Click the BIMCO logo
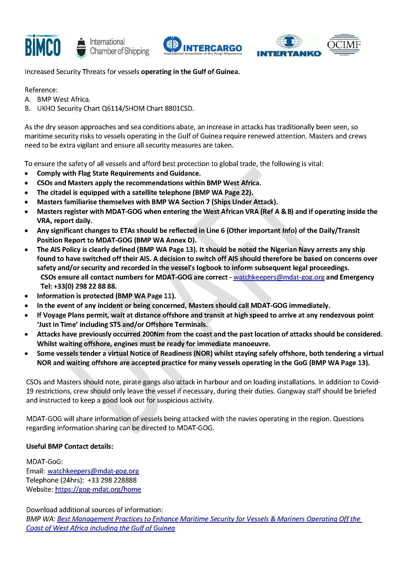pos(43,46)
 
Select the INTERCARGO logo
pos(202,46)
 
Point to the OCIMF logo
pos(343,45)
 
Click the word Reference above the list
pos(41,90)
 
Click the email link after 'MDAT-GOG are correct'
pos(279,277)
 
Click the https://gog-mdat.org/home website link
pos(98,489)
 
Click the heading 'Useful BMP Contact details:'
pos(70,446)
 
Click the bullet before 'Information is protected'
pos(27,297)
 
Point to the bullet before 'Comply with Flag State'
pos(27,174)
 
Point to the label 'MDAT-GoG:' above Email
pos(44,462)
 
